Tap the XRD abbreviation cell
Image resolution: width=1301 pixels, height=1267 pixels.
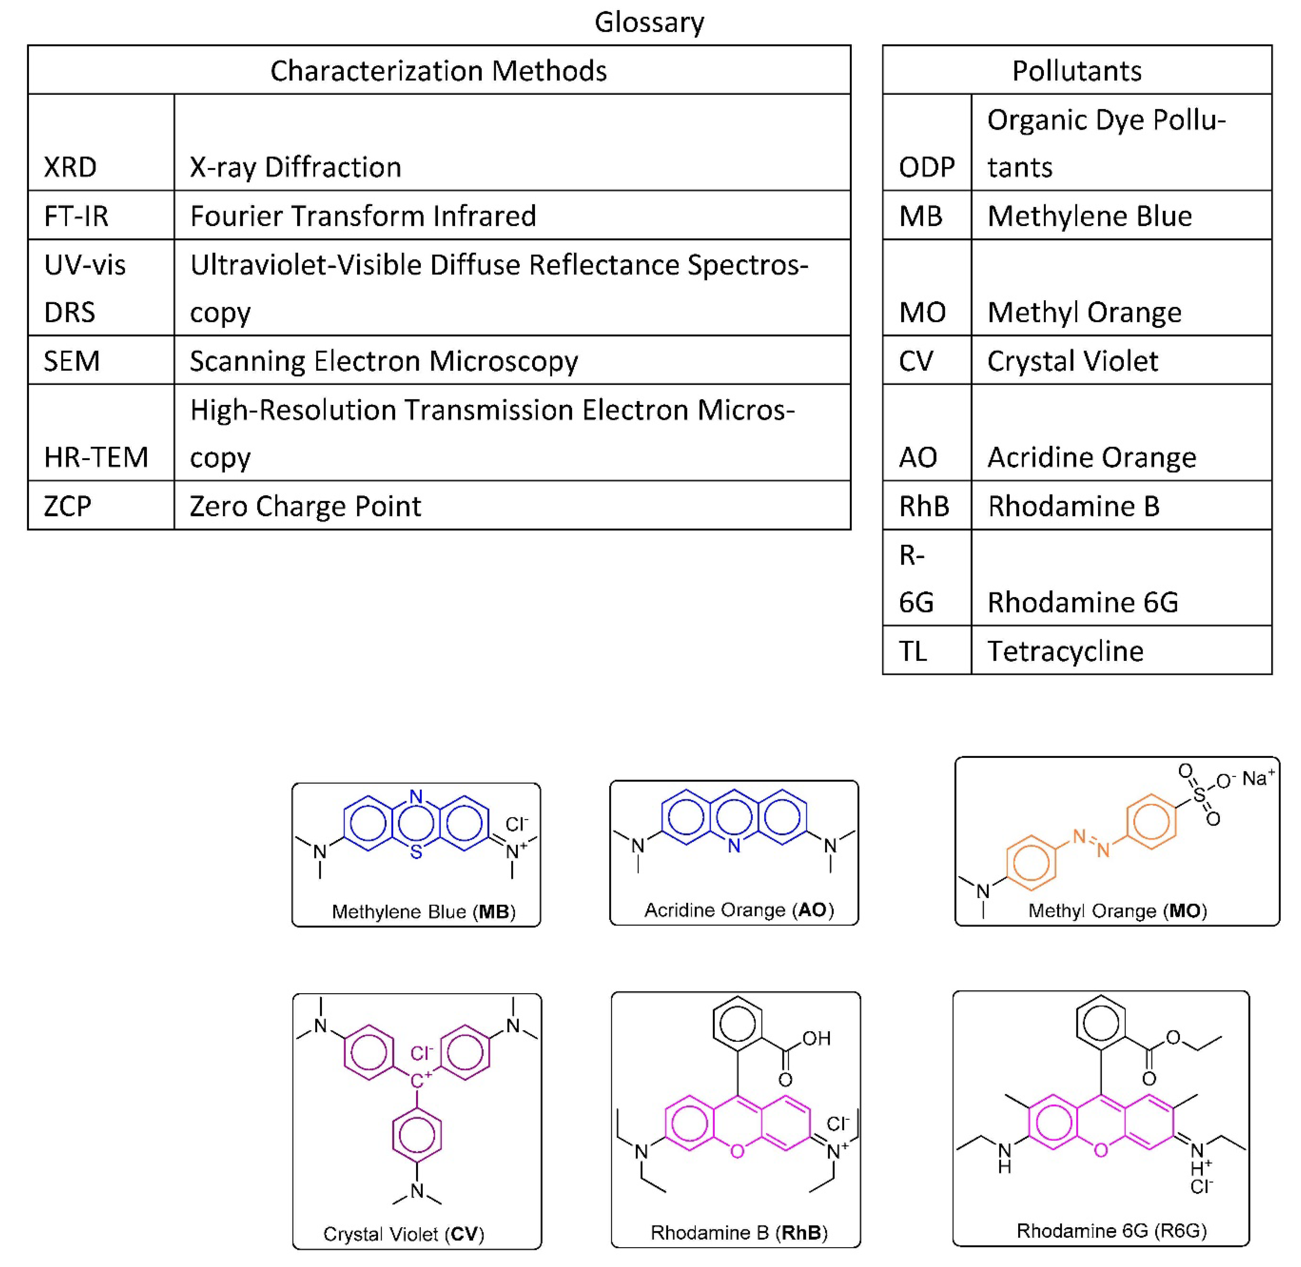[70, 167]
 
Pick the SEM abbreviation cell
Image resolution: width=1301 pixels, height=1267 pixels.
[72, 361]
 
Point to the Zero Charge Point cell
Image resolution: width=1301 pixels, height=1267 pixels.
[305, 506]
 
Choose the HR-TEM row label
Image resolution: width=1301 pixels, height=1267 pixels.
[96, 457]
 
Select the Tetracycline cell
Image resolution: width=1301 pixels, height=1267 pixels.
[1065, 651]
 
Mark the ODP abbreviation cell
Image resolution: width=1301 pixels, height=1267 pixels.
[926, 167]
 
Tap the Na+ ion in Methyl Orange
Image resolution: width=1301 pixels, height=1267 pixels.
[1258, 778]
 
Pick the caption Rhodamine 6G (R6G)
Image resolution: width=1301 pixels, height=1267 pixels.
[1111, 1230]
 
